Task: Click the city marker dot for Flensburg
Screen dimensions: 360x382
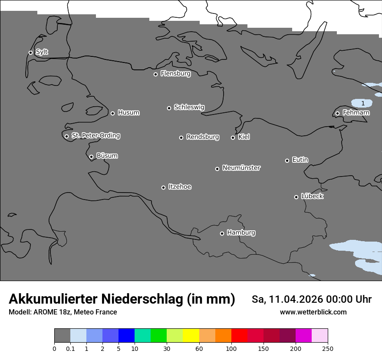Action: click(x=155, y=74)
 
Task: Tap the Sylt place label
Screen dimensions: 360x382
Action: click(x=42, y=52)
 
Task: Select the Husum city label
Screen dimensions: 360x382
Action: click(x=128, y=113)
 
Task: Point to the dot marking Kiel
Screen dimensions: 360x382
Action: click(x=233, y=137)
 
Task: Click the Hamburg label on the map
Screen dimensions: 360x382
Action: click(x=241, y=232)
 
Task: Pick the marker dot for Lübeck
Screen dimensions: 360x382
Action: click(x=296, y=197)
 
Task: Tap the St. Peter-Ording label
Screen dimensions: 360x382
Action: click(x=95, y=136)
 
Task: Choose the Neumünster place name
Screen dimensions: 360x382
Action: click(x=241, y=168)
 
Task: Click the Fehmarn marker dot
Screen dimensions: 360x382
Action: click(x=337, y=113)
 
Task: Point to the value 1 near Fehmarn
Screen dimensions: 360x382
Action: click(x=363, y=103)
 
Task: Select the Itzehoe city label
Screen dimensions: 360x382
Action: click(x=180, y=187)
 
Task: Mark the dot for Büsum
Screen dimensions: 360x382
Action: click(x=91, y=157)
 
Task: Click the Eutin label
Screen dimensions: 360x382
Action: click(x=300, y=160)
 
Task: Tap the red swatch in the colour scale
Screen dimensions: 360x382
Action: click(x=239, y=336)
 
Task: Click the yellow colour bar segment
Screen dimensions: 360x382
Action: click(x=191, y=336)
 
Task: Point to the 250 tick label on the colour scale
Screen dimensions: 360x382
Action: click(x=328, y=348)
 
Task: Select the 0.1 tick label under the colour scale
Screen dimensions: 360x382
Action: click(x=70, y=348)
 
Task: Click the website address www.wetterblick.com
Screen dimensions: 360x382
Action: click(x=313, y=312)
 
